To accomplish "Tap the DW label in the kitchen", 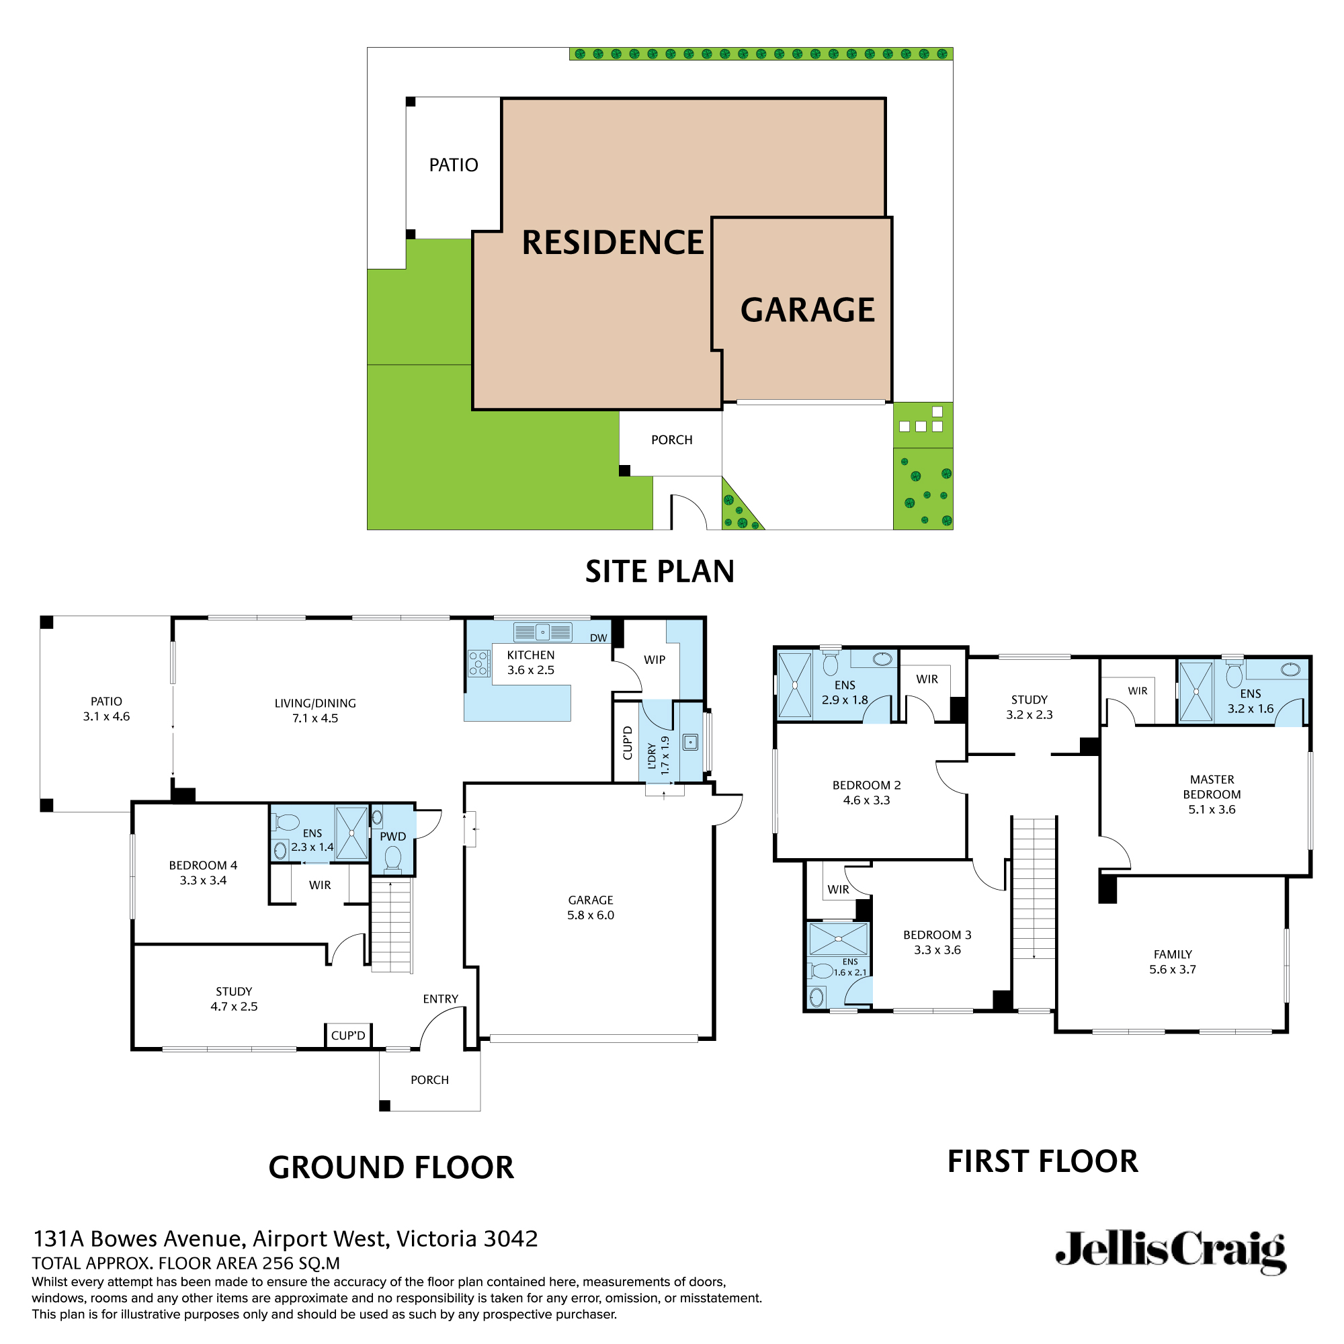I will (x=598, y=638).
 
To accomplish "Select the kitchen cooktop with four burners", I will (x=478, y=663).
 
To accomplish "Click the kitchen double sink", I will (x=542, y=632).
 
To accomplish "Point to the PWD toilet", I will (x=393, y=857).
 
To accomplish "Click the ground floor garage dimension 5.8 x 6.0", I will (x=591, y=915).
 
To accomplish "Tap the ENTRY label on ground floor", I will (x=440, y=999).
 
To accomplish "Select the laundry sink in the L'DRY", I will (x=690, y=743).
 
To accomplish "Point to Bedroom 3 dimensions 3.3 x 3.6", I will (x=937, y=950).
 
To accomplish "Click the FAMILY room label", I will (x=1173, y=954).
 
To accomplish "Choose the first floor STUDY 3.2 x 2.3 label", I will (x=1029, y=707).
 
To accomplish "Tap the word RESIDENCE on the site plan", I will (x=613, y=243).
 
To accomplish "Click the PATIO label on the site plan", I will (x=454, y=165).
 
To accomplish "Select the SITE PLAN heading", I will (x=659, y=572).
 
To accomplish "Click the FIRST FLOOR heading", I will (x=1042, y=1162).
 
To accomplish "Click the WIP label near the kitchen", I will (x=655, y=659).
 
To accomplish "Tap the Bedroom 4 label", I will (x=203, y=866).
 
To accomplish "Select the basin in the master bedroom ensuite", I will (x=1290, y=670).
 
